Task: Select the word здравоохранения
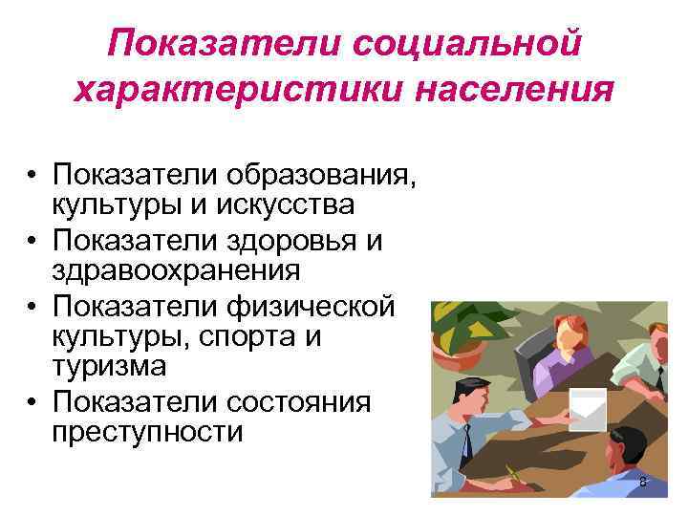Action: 177,269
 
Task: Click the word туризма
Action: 110,365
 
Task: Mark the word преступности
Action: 148,432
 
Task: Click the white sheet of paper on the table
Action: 585,408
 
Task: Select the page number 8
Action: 642,483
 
